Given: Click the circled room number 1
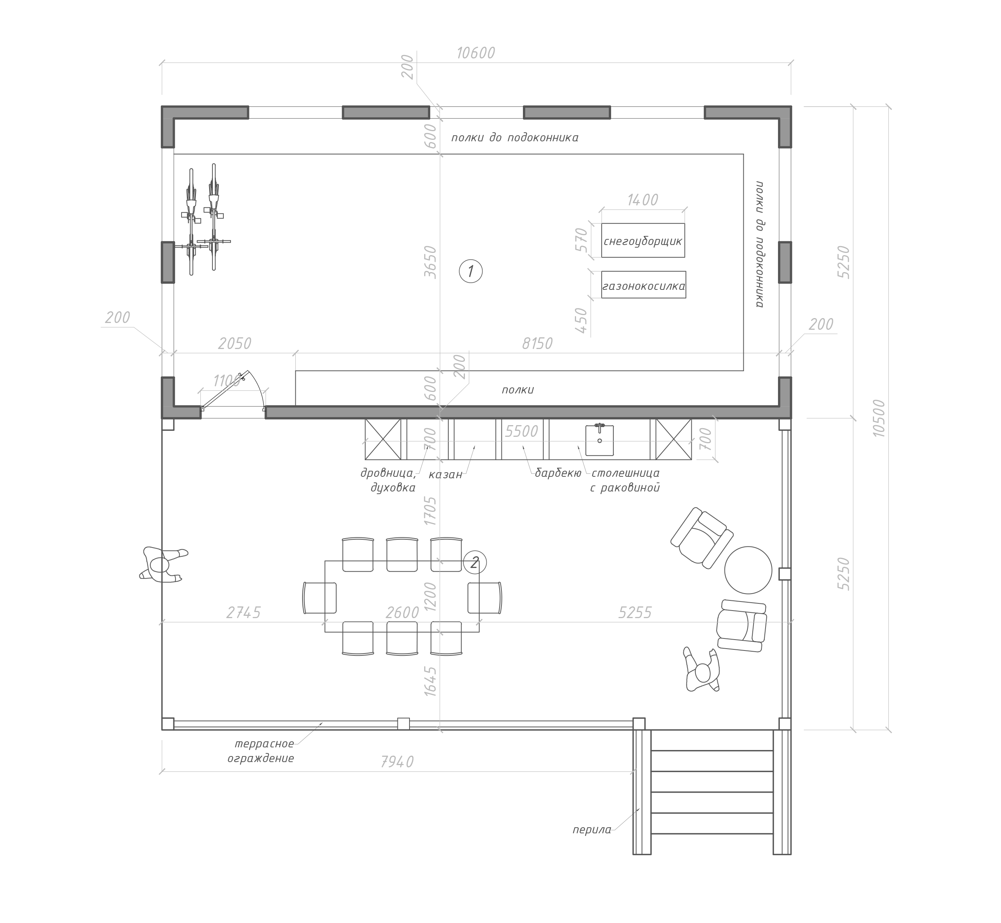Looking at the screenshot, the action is pyautogui.click(x=470, y=271).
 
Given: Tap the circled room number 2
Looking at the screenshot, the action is pyautogui.click(x=474, y=563).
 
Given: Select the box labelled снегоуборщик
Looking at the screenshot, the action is pyautogui.click(x=643, y=241).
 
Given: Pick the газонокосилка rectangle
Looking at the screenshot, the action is pyautogui.click(x=643, y=285).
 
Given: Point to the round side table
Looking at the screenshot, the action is pyautogui.click(x=748, y=570).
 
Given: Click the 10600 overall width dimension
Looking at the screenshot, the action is pyautogui.click(x=476, y=53).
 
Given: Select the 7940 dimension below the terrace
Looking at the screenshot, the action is pyautogui.click(x=397, y=762).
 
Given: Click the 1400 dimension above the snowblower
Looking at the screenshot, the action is pyautogui.click(x=643, y=200).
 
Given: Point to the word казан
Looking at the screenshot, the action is pyautogui.click(x=445, y=475).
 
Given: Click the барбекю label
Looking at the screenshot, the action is pyautogui.click(x=558, y=473).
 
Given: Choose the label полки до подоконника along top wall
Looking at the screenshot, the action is pyautogui.click(x=515, y=137).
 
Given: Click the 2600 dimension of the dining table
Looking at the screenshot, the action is pyautogui.click(x=402, y=612).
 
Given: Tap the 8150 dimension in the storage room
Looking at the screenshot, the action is pyautogui.click(x=537, y=344).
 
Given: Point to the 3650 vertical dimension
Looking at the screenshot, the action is pyautogui.click(x=430, y=262).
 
